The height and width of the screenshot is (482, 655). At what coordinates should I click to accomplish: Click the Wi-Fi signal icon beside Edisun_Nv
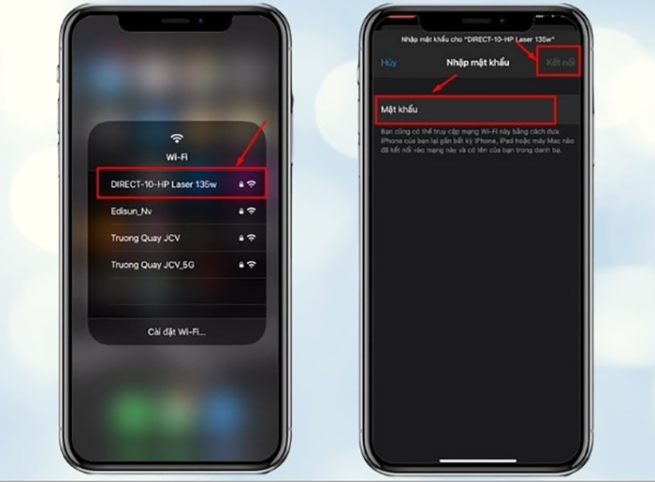251,212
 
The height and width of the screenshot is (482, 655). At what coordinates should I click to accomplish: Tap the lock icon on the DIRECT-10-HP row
240,184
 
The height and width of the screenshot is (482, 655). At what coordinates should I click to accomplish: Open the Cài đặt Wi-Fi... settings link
177,331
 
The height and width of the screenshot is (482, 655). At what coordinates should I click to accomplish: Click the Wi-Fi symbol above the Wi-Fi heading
177,139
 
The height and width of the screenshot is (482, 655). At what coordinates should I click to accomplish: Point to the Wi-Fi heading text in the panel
177,155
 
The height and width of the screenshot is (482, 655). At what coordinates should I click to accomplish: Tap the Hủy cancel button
388,63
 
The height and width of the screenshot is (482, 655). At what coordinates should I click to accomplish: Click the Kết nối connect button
563,63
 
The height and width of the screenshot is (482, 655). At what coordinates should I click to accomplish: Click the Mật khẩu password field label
400,110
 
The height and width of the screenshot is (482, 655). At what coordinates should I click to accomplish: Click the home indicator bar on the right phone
478,460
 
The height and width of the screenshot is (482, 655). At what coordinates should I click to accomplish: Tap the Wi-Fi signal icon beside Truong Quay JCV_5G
251,265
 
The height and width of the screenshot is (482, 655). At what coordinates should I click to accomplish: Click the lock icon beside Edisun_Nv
240,212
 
